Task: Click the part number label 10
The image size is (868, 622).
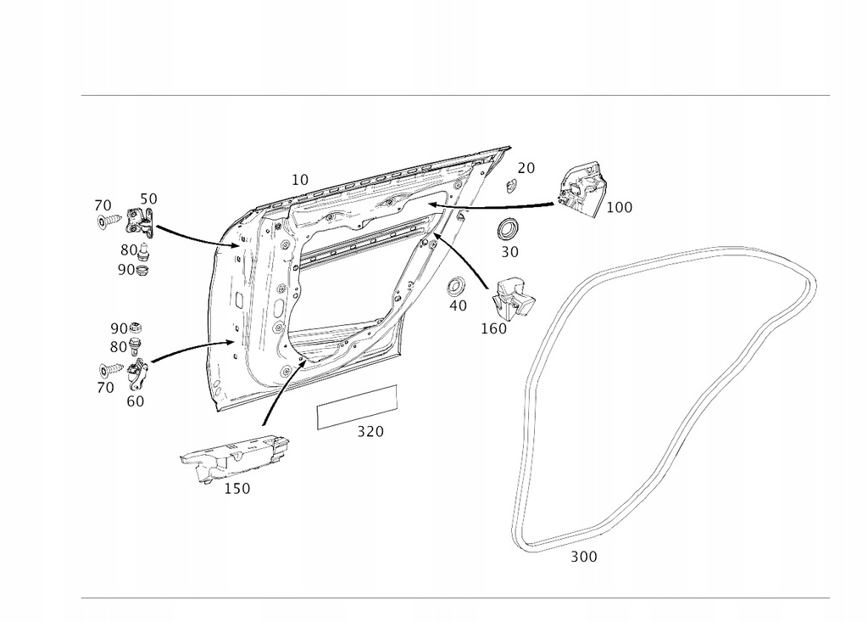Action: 300,180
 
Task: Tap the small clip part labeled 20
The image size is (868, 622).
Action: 511,186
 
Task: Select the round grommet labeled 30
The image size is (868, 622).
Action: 509,228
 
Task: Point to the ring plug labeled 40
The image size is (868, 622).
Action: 457,284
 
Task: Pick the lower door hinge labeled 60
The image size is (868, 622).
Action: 137,373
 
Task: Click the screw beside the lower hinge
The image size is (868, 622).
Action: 110,371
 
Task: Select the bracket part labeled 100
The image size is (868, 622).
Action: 582,192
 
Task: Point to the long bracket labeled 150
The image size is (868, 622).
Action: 234,457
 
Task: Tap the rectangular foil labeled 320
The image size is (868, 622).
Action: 356,405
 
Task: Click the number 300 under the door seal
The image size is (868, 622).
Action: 583,558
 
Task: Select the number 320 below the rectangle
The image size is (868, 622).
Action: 370,432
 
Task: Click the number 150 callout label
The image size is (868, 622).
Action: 236,489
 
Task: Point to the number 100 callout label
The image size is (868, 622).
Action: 619,207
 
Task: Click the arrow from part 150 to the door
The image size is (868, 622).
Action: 281,390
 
